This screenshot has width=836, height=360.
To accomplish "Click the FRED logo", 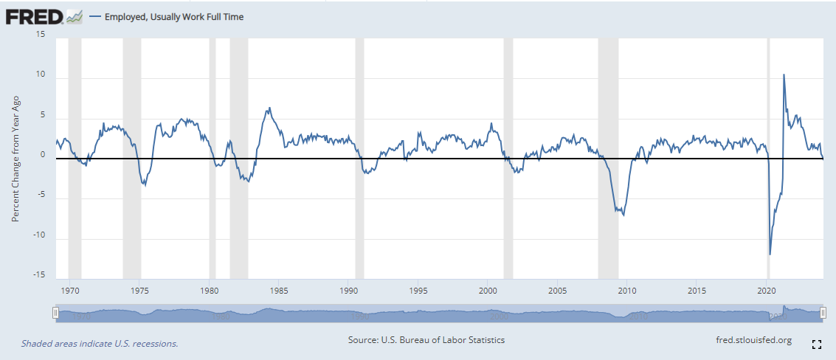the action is pyautogui.click(x=44, y=17).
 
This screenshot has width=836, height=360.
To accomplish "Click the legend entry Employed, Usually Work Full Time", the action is pyautogui.click(x=166, y=17).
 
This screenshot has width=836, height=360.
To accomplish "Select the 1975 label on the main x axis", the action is pyautogui.click(x=139, y=291).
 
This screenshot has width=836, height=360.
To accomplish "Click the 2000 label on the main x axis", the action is pyautogui.click(x=487, y=291).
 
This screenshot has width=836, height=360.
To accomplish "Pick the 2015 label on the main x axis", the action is pyautogui.click(x=697, y=291).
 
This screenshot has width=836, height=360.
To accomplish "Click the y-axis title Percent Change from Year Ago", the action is pyautogui.click(x=16, y=159).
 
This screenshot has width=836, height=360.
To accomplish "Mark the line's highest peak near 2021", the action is pyautogui.click(x=783, y=75).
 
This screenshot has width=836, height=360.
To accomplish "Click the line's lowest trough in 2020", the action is pyautogui.click(x=770, y=255).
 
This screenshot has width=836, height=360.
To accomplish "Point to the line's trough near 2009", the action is pyautogui.click(x=623, y=215).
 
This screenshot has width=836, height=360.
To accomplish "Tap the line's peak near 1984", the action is pyautogui.click(x=270, y=108).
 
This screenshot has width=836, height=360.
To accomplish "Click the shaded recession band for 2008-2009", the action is pyautogui.click(x=608, y=159).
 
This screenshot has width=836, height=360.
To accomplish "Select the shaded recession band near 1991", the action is pyautogui.click(x=359, y=159).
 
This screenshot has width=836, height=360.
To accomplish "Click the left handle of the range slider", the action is pyautogui.click(x=55, y=313).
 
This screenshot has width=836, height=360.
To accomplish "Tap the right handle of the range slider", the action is pyautogui.click(x=823, y=313).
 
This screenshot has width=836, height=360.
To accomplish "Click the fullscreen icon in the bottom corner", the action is pyautogui.click(x=816, y=344).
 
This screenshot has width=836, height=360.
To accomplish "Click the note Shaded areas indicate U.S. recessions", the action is pyautogui.click(x=100, y=344).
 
